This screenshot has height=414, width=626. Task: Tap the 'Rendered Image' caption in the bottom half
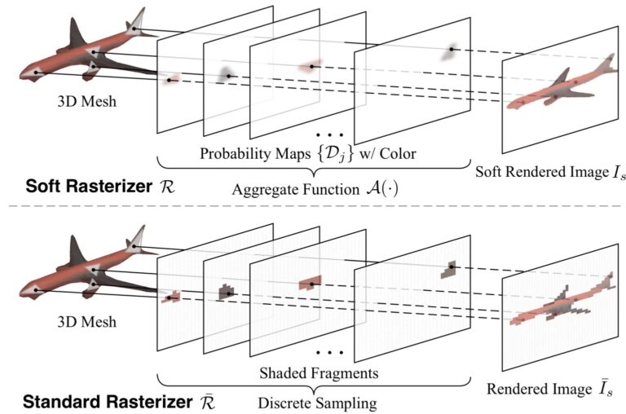[539, 389]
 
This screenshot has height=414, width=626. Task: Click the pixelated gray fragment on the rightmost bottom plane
[447, 269]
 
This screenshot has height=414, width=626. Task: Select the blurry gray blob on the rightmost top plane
[450, 51]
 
